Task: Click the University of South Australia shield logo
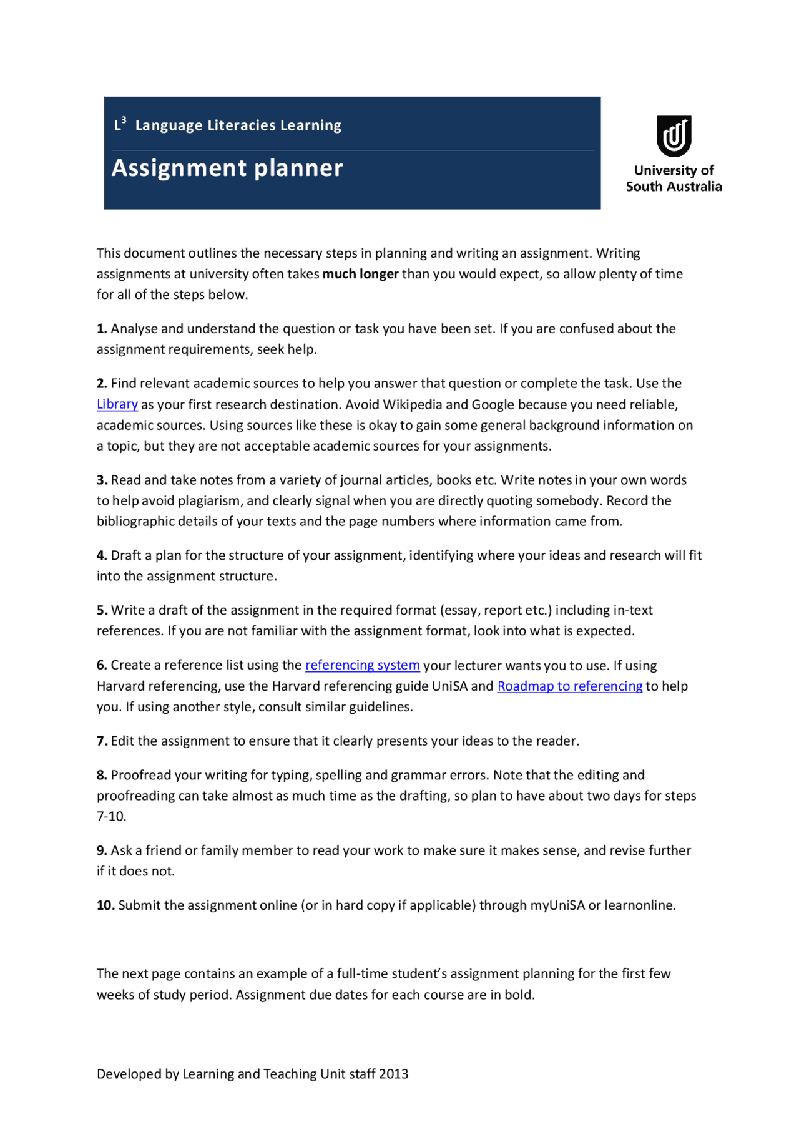pos(674,135)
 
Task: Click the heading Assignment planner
pos(227,168)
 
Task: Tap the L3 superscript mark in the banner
pos(120,124)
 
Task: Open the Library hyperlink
pos(117,404)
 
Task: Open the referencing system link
pos(362,665)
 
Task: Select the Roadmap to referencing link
pos(569,686)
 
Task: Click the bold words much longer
pos(360,274)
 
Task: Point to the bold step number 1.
pos(102,329)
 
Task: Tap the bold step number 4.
pos(102,555)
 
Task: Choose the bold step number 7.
pos(102,741)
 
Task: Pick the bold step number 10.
pos(105,905)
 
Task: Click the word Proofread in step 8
pos(141,776)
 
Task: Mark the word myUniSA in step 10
pos(557,905)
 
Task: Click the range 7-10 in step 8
pos(111,817)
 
